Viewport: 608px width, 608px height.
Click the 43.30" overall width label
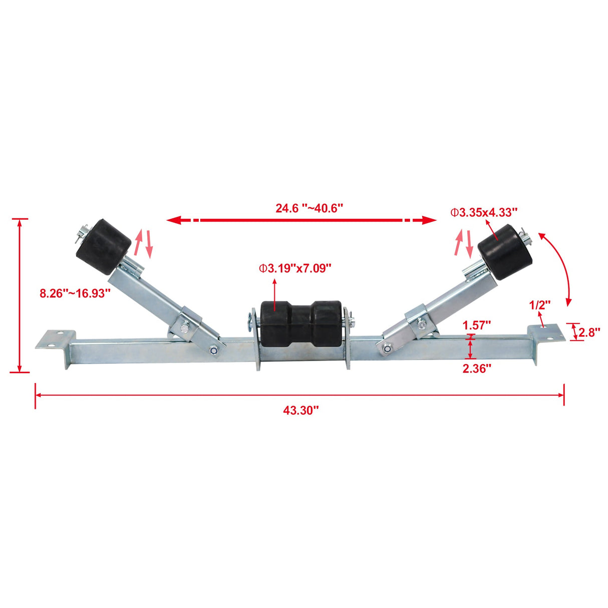pyautogui.click(x=300, y=411)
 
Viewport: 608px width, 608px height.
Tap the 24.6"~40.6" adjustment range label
pyautogui.click(x=309, y=208)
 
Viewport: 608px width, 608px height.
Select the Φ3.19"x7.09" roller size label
pyautogui.click(x=295, y=268)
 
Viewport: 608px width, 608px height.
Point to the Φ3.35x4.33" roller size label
pyautogui.click(x=484, y=212)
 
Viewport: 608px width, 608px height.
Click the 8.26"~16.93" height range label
pyautogui.click(x=75, y=293)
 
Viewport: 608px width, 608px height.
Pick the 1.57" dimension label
pyautogui.click(x=476, y=325)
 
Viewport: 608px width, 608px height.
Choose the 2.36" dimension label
pyautogui.click(x=476, y=369)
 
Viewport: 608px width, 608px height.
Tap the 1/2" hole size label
pyautogui.click(x=539, y=304)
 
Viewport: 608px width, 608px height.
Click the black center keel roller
pyautogui.click(x=301, y=321)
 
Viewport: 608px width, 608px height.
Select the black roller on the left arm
pyautogui.click(x=104, y=246)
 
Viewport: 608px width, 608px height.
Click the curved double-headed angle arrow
pyautogui.click(x=560, y=268)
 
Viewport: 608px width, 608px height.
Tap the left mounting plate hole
pyautogui.click(x=61, y=333)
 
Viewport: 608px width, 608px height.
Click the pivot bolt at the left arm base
pyautogui.click(x=214, y=350)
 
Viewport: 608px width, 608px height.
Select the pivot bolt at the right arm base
pyautogui.click(x=387, y=348)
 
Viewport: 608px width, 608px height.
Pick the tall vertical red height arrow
pyautogui.click(x=20, y=295)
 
